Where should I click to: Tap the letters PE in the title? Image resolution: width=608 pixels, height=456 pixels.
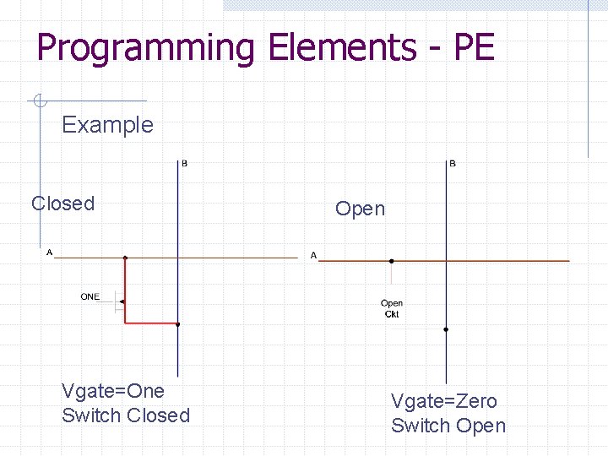pos(474,48)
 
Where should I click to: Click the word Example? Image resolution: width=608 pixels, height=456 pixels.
pos(107,125)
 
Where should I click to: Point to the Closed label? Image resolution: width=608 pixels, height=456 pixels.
pos(62,204)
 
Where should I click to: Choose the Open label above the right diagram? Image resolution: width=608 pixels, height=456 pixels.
pos(360,209)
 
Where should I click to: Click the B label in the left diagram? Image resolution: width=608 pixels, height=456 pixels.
pos(185,163)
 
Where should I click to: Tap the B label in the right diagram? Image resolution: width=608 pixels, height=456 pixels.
pos(453,163)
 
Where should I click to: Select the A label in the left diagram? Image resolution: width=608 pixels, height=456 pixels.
pos(49,252)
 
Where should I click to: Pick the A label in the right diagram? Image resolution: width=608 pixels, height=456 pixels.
pos(313,255)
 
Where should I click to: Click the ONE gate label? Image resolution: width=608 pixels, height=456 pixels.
pos(90,296)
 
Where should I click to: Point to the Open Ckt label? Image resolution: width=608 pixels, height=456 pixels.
pos(392,308)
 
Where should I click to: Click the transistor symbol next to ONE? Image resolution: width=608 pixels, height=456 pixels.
pos(122,301)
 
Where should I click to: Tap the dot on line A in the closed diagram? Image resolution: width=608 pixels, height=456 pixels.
pos(125,257)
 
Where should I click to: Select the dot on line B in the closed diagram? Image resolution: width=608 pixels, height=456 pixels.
pos(178,323)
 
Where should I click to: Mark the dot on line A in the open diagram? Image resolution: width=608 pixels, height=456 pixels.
pos(391,261)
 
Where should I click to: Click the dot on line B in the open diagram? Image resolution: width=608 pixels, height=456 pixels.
pos(446,329)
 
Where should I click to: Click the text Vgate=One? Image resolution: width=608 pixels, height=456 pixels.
pos(113,391)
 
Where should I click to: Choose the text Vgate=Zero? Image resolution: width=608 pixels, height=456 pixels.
pos(443,401)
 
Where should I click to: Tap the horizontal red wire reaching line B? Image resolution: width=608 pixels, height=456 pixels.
pos(152,323)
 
